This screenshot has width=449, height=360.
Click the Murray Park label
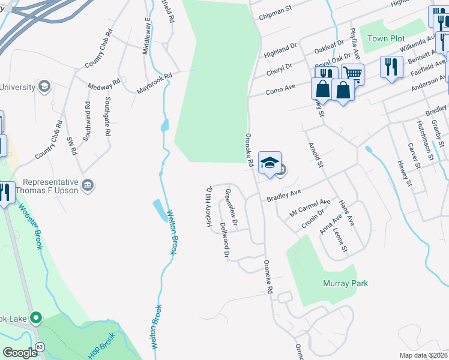pos(345,283)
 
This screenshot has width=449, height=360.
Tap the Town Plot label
pos(386,38)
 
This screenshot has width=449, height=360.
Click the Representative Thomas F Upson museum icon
pos(88,184)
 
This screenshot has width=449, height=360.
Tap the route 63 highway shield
pos(40,346)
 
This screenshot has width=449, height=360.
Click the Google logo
pos(20,353)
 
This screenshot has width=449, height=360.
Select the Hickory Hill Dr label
pos(209,206)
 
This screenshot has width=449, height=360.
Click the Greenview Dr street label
pos(231,208)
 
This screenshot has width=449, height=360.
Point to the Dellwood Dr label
pos(225,240)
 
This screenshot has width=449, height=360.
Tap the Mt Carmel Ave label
pos(310,208)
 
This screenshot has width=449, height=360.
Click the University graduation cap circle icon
pos(44,88)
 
